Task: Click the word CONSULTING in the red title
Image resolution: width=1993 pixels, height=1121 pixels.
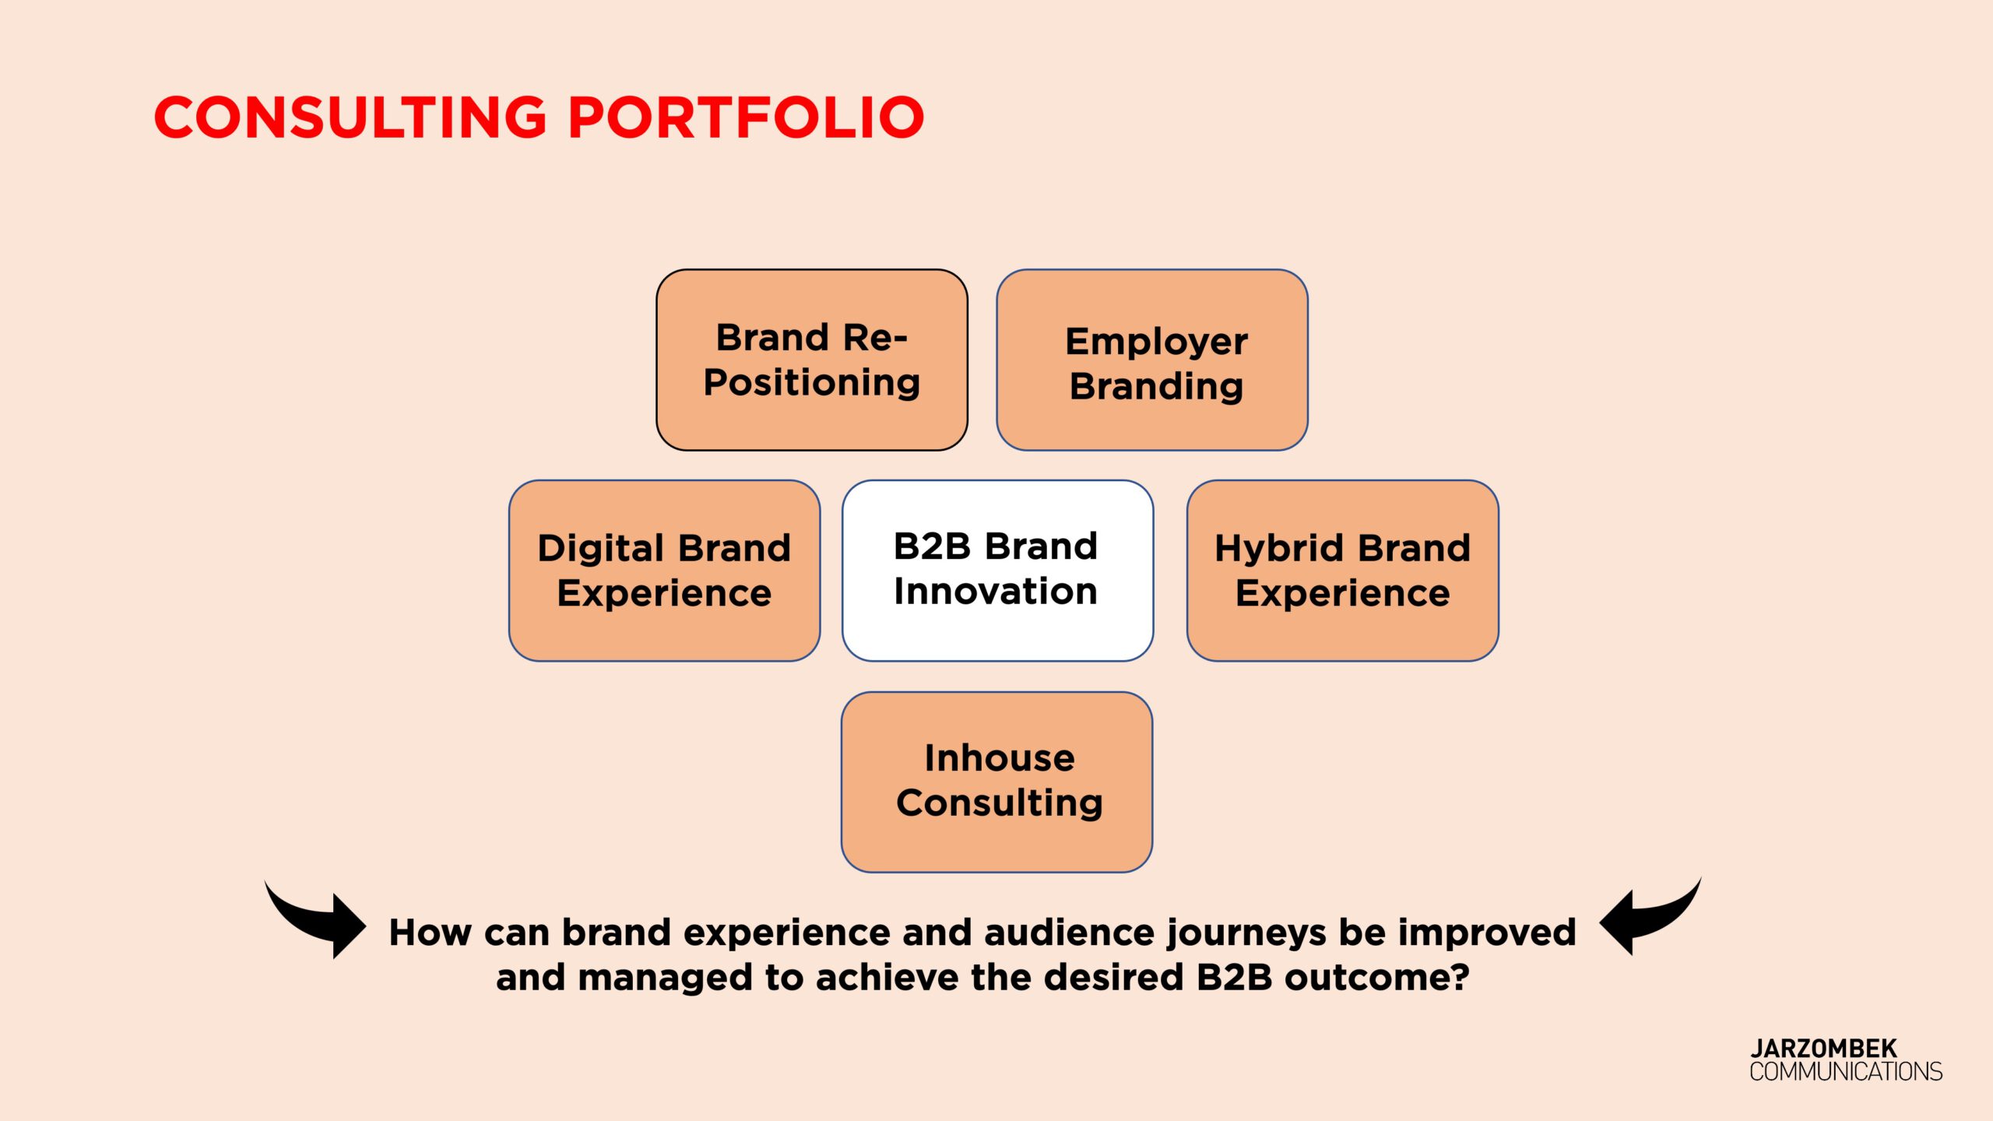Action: click(x=351, y=118)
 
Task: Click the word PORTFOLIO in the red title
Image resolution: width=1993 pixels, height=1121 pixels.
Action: click(x=747, y=118)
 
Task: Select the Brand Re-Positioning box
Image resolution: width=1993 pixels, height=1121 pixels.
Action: click(x=812, y=360)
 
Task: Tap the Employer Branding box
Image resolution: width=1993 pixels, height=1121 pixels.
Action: click(x=1152, y=360)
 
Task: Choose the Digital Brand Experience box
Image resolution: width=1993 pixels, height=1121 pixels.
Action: click(x=664, y=571)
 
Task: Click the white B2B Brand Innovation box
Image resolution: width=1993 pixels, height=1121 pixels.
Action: click(x=997, y=571)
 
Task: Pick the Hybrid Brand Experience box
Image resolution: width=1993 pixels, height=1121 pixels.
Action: click(x=1343, y=571)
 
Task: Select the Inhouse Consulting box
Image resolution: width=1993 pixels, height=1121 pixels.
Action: click(x=996, y=782)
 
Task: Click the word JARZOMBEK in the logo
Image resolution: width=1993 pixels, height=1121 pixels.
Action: click(x=1823, y=1048)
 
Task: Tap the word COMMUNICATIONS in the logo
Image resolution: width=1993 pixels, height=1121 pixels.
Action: click(x=1846, y=1071)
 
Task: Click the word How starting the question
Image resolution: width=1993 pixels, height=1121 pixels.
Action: click(x=431, y=932)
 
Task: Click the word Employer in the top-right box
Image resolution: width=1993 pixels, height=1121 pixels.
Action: click(x=1156, y=343)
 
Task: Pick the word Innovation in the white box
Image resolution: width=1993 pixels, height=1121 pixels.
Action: click(x=996, y=591)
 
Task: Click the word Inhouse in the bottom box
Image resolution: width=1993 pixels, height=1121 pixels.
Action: click(x=1000, y=758)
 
